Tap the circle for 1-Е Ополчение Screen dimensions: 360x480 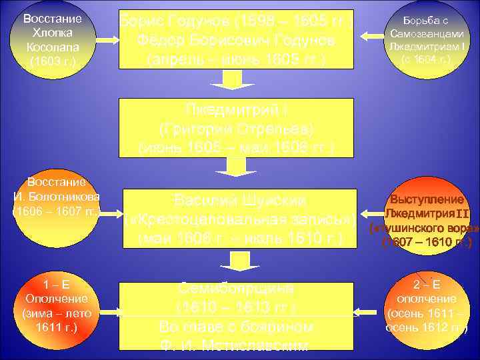point(57,307)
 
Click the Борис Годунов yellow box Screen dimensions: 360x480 point(235,39)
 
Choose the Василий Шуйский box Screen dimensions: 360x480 point(235,219)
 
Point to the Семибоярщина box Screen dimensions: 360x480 point(235,315)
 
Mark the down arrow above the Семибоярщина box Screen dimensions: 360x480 point(235,262)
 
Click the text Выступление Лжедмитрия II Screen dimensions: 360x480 point(426,206)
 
